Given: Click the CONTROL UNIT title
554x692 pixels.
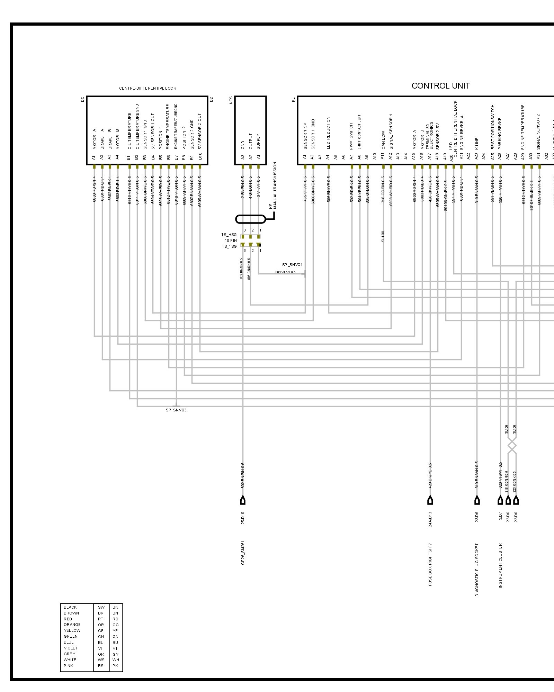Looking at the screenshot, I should (x=440, y=86).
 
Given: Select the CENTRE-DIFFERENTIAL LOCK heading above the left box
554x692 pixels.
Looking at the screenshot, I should (x=148, y=88).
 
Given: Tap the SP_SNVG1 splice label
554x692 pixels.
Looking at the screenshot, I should (x=292, y=265).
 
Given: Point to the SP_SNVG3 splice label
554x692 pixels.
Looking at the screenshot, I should (x=176, y=410).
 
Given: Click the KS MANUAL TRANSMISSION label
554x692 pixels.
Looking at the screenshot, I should (x=273, y=185).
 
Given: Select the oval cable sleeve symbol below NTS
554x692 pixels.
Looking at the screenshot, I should (x=251, y=219).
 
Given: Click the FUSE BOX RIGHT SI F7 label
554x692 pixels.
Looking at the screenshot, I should (x=430, y=564).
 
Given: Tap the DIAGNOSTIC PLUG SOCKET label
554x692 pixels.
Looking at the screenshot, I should (x=477, y=570).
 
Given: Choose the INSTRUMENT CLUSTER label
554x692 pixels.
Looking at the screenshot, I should (x=500, y=566).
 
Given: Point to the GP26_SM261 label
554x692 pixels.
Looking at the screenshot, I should (x=243, y=553).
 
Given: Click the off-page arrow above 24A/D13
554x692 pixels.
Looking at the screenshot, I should (x=430, y=500).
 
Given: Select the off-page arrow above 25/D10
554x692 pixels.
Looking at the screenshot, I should (x=243, y=500).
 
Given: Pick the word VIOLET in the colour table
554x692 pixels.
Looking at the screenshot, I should (x=71, y=648).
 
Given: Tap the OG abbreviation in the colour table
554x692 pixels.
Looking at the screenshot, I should (x=115, y=625).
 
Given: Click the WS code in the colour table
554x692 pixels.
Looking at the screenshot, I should (x=101, y=660).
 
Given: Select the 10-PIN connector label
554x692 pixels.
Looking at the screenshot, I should (x=231, y=240).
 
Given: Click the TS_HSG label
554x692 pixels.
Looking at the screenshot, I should (x=229, y=235).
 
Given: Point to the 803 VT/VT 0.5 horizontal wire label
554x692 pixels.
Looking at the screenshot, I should (x=285, y=272).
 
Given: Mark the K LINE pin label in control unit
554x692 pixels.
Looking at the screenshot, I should (x=477, y=144).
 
